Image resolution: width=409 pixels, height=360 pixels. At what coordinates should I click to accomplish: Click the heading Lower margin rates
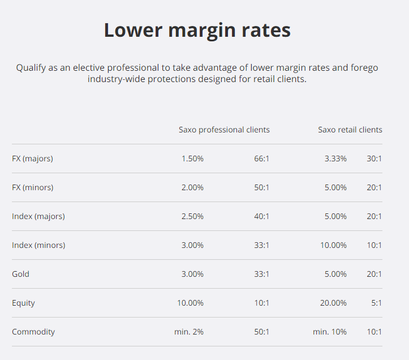tap(197, 31)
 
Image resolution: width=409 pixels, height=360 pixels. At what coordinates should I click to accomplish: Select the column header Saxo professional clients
tap(224, 130)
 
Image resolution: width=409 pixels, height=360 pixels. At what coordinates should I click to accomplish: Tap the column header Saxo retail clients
tap(350, 130)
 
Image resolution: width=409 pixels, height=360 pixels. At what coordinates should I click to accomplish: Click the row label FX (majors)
tap(32, 158)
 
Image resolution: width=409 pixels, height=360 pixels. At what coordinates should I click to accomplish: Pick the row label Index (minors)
tap(38, 245)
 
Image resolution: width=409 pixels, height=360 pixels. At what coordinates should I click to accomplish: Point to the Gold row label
tap(20, 274)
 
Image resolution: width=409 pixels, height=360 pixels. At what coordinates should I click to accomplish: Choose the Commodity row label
tap(33, 332)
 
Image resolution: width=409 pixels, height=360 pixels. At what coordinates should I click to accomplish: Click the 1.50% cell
tap(192, 158)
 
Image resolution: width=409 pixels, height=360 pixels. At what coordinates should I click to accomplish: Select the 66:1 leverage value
tap(261, 158)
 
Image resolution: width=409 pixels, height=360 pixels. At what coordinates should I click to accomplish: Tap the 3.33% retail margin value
tap(335, 158)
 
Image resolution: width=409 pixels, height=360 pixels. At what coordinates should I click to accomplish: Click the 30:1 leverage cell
tap(374, 158)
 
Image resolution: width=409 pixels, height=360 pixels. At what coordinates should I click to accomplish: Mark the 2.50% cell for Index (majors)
tap(192, 216)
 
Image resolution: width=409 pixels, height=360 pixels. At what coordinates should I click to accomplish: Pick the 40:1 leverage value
tap(261, 216)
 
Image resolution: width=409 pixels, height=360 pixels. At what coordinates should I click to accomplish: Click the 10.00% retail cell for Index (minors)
tap(333, 245)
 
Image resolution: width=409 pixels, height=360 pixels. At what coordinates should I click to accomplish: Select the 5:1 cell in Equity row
tap(376, 303)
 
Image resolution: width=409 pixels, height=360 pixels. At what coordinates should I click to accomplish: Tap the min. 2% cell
tap(189, 332)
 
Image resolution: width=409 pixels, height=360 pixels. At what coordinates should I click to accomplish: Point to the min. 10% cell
tap(330, 332)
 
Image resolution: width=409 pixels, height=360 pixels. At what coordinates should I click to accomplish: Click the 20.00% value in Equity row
tap(333, 303)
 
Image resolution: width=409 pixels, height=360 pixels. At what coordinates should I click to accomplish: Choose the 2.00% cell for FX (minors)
tap(192, 187)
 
